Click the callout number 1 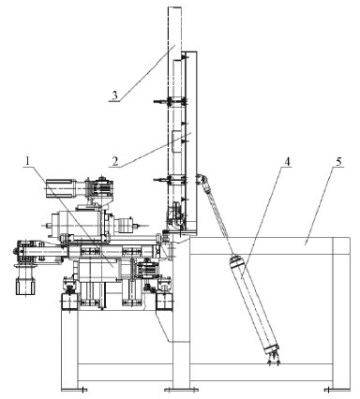27,161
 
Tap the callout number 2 115,161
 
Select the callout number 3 115,96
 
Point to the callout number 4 287,161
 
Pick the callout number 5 338,161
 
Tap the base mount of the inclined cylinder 273,359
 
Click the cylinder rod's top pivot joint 201,179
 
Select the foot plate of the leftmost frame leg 74,390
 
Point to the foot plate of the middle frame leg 181,390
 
